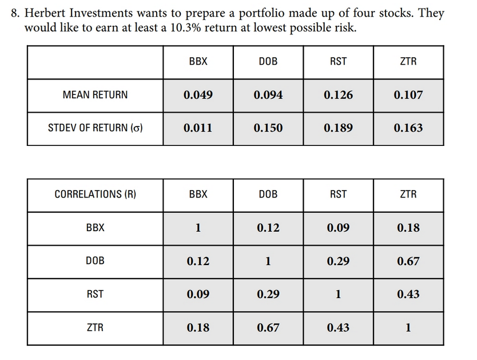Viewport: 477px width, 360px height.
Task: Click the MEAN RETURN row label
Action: point(95,95)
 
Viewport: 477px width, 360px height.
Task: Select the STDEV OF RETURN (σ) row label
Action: point(95,128)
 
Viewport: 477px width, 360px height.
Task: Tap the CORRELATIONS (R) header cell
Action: point(95,195)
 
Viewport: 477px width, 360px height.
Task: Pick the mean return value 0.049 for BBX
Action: point(198,95)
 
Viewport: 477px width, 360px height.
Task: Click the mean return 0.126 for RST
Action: point(338,95)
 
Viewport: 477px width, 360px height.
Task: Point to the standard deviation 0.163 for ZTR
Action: point(408,128)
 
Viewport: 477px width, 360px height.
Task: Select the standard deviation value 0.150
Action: point(268,128)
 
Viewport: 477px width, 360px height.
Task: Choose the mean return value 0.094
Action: point(268,95)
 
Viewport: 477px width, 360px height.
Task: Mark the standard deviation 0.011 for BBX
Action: point(198,128)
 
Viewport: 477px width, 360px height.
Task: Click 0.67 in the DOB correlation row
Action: point(408,262)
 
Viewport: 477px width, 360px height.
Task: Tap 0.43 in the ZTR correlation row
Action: point(338,328)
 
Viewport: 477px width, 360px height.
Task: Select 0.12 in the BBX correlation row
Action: point(268,228)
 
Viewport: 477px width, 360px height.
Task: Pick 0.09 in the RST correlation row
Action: point(198,295)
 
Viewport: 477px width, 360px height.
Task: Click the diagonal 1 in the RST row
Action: point(338,295)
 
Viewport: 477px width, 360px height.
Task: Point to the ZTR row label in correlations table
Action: point(95,328)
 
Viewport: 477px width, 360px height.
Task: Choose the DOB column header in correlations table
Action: point(268,195)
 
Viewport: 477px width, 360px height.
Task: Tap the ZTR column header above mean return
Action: point(408,61)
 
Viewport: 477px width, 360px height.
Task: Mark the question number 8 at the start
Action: point(15,13)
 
